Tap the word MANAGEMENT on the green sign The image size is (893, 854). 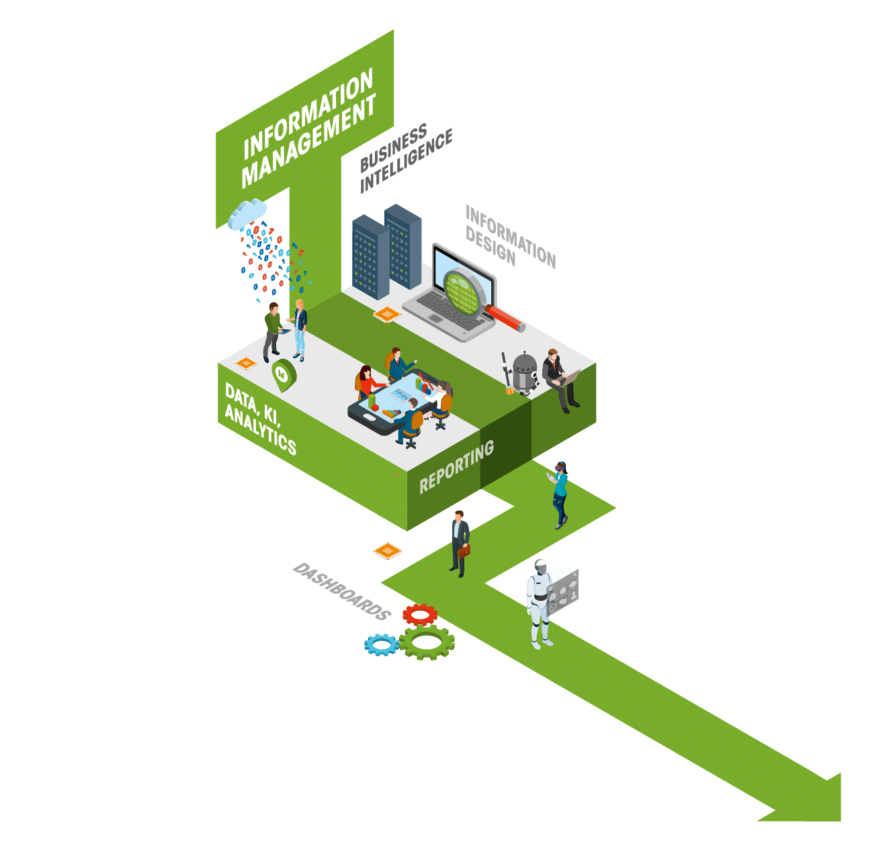point(308,143)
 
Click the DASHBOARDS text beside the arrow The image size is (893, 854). point(342,591)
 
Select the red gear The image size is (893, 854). point(420,613)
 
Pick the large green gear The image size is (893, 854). point(427,642)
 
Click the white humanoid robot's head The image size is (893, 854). point(541,567)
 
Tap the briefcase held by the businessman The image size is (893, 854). point(464,550)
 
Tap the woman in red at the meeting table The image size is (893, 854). point(366,383)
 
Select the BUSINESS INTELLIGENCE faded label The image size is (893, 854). point(403,158)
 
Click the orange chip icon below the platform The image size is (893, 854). point(387,551)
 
